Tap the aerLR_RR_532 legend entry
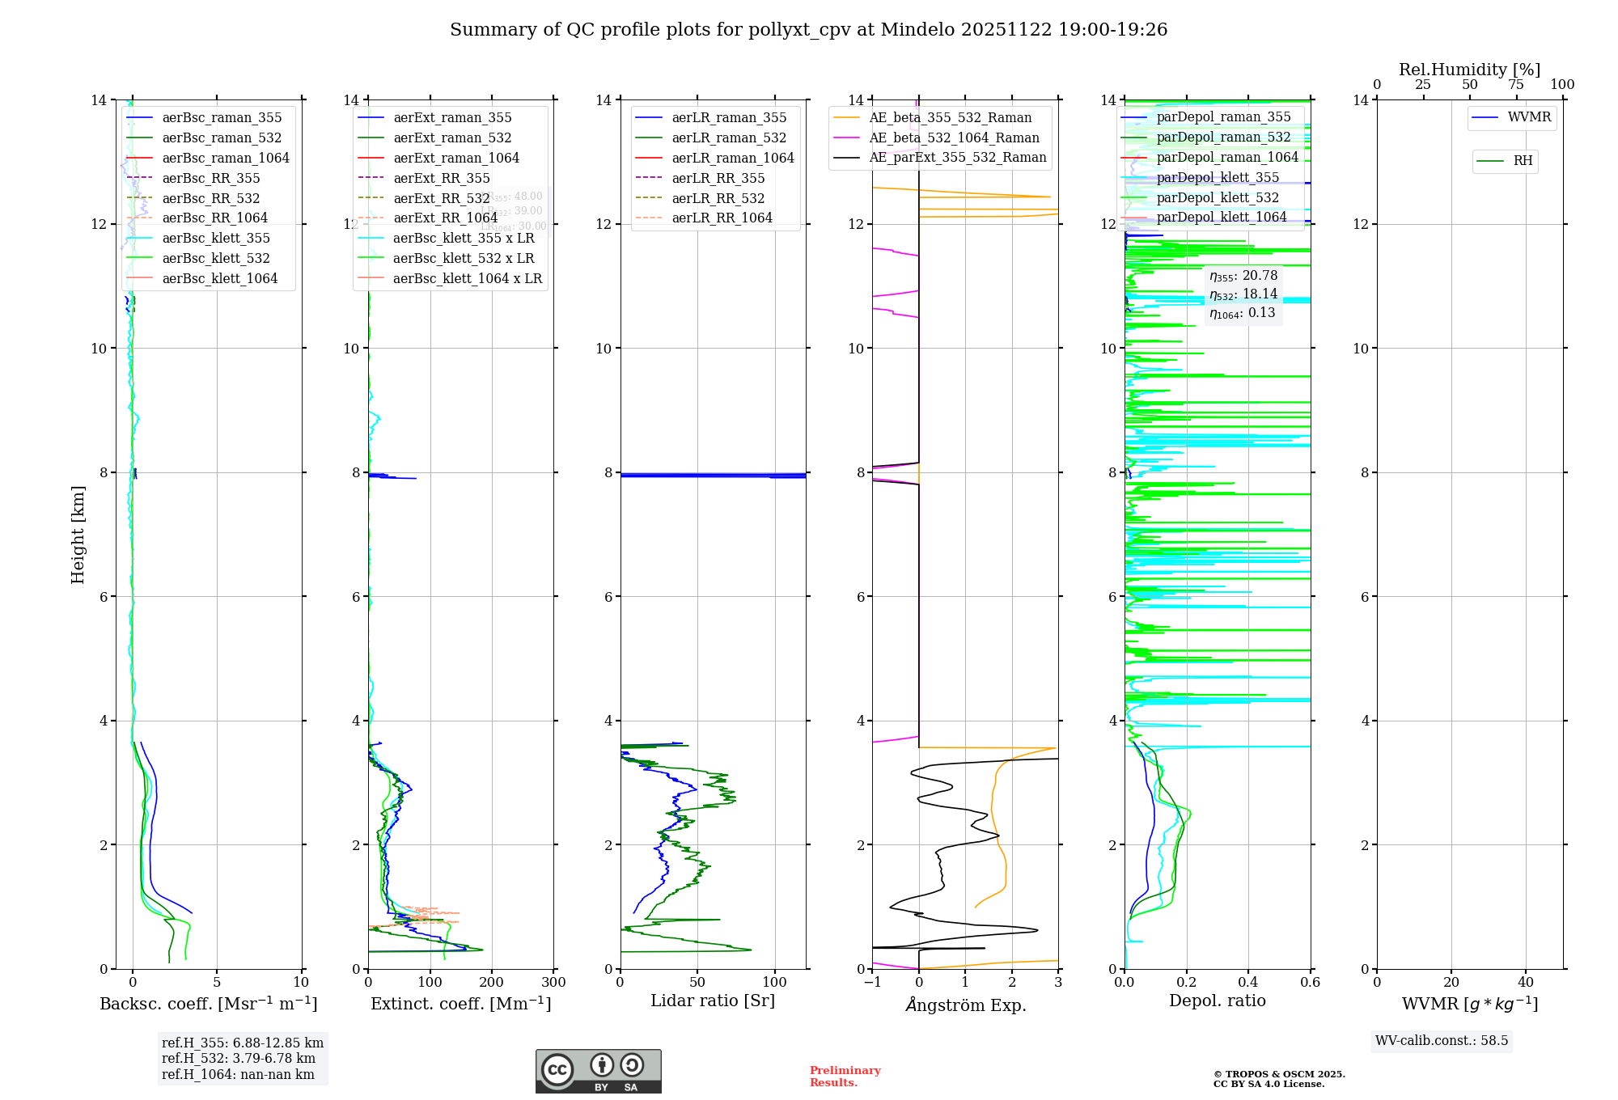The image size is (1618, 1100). pos(718,198)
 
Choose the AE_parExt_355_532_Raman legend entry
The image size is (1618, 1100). pos(957,158)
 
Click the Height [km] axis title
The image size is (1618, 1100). pos(78,535)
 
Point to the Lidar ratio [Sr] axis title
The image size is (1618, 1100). pos(713,1001)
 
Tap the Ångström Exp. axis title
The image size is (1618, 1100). pos(966,1005)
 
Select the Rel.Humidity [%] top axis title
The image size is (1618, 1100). pos(1469,70)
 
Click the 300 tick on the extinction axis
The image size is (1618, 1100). pos(554,983)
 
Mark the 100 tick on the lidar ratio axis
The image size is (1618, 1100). pos(775,983)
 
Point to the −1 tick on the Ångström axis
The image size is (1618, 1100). pos(872,983)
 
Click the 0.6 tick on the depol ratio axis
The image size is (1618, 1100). pos(1310,983)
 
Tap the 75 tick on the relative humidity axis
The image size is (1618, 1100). pos(1516,85)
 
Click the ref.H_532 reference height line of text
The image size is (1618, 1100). pos(239,1059)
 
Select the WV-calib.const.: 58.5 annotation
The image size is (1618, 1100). pos(1442,1041)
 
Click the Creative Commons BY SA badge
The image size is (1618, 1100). pos(598,1072)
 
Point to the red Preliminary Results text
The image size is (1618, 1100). pos(845,1077)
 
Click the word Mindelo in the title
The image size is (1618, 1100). pos(917,30)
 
